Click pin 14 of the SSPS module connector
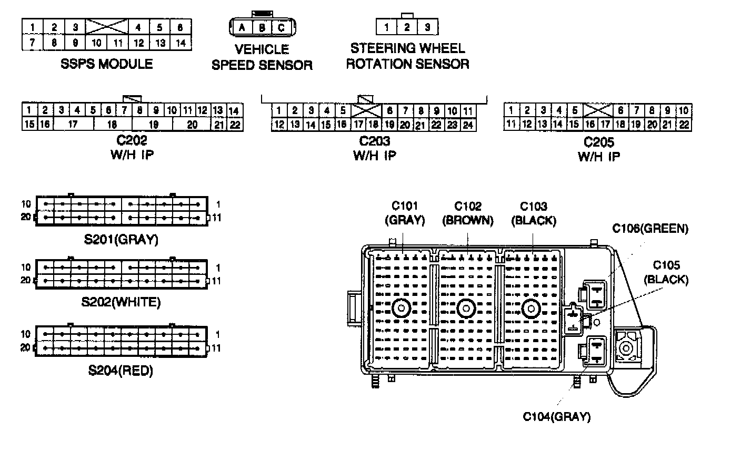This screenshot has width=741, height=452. (180, 43)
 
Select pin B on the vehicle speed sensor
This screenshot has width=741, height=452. (261, 27)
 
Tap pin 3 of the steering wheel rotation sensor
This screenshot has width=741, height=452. (427, 27)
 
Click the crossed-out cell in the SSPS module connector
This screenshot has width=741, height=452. (107, 27)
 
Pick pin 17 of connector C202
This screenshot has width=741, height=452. (73, 125)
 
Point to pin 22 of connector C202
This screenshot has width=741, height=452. (235, 125)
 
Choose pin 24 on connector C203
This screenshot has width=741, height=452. (468, 125)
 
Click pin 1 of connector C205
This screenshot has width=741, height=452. (510, 110)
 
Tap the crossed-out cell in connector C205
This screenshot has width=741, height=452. (598, 110)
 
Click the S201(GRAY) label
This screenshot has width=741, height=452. (121, 240)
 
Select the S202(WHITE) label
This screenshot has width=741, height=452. (121, 302)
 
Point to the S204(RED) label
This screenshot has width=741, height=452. (121, 371)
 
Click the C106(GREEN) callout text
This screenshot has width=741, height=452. (650, 229)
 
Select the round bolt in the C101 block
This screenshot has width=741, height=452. (401, 309)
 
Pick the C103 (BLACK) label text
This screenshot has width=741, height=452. (534, 213)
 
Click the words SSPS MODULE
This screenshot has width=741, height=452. (107, 64)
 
